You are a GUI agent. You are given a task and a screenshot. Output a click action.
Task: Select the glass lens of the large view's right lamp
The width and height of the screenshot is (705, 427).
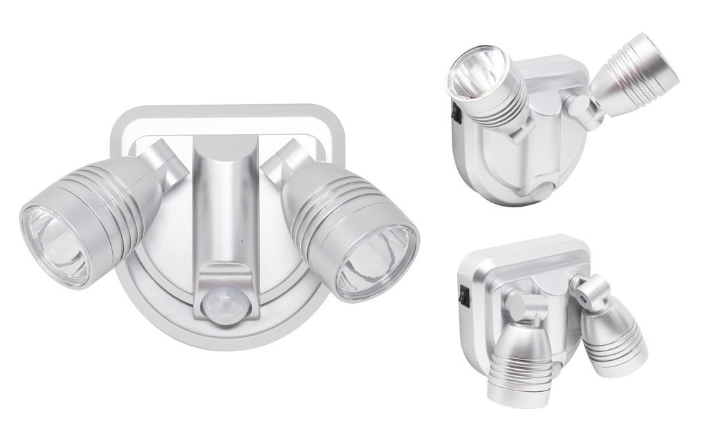tap(379, 257)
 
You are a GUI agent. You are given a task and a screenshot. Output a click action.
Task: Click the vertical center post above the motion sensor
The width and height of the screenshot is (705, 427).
tap(226, 200)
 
